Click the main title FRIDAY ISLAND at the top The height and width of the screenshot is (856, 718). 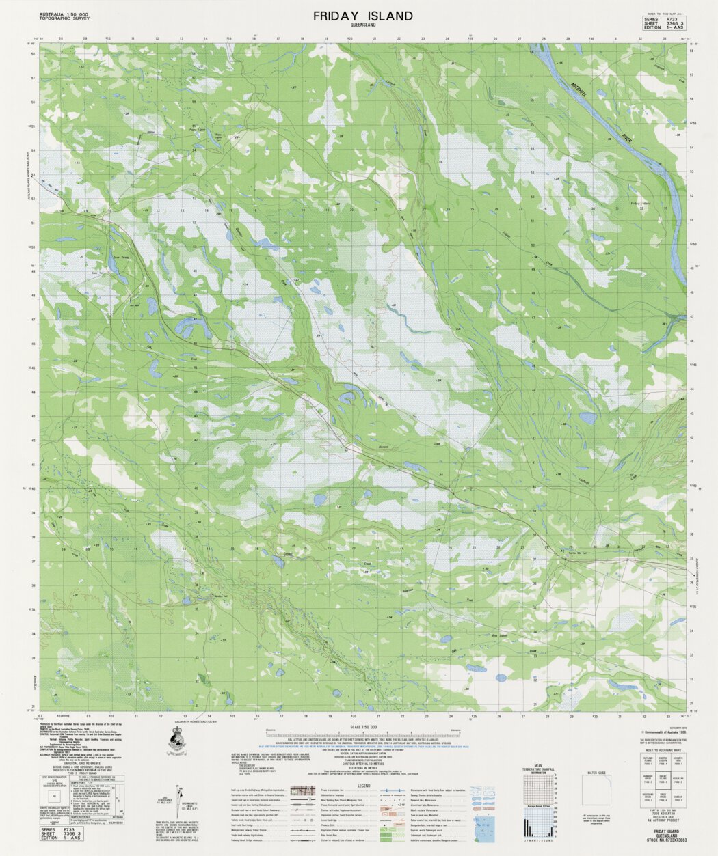coord(363,16)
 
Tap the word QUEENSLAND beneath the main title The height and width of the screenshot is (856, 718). coord(363,26)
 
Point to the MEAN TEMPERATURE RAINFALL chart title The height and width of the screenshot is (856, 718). coord(540,768)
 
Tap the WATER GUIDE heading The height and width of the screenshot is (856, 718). coord(597,773)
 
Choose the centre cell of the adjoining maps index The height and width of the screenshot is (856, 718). coord(663,779)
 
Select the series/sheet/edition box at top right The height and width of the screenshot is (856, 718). coord(663,23)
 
